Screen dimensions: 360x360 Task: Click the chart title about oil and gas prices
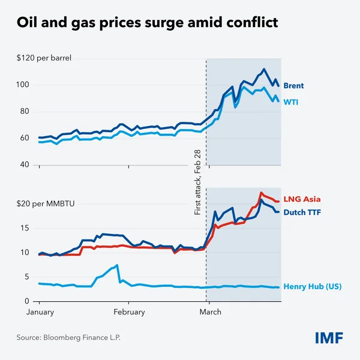click(148, 24)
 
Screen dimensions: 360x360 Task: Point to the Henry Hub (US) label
click(312, 287)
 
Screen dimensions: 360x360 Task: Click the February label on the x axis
click(129, 312)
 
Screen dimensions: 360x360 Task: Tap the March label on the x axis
click(210, 312)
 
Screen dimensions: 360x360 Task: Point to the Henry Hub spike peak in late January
click(117, 265)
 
